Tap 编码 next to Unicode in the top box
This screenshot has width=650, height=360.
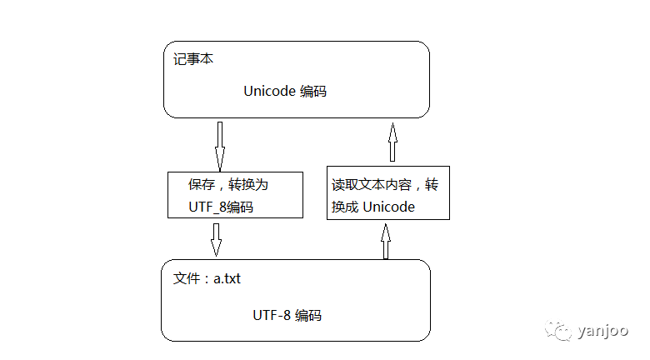(x=312, y=92)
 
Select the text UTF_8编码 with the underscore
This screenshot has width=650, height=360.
(x=221, y=207)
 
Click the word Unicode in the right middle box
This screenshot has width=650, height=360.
(x=389, y=207)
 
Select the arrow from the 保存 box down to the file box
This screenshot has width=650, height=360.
(x=216, y=239)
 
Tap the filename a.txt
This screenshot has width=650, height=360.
(x=227, y=278)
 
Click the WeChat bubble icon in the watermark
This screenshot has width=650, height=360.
(x=560, y=331)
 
